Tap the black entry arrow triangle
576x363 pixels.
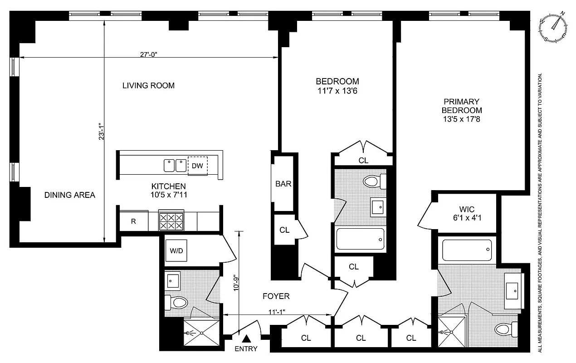click(247, 338)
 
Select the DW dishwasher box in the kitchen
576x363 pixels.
click(197, 165)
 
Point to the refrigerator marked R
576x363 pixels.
click(133, 221)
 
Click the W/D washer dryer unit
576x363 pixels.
click(177, 250)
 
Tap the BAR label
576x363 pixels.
click(283, 184)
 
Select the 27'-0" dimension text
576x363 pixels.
click(148, 54)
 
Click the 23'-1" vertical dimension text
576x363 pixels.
click(102, 130)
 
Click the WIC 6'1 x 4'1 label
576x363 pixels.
click(467, 213)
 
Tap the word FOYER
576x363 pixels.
click(276, 296)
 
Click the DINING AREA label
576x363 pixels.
click(70, 195)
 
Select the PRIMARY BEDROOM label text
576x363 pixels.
click(462, 106)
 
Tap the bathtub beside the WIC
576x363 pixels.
click(466, 250)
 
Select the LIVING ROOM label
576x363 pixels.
click(148, 85)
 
